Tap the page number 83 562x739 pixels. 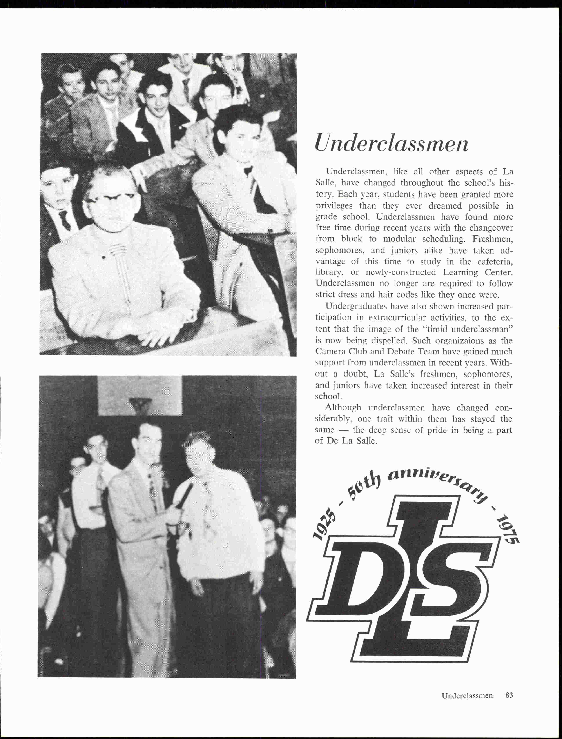[509, 695]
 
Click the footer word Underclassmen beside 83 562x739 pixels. [467, 695]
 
